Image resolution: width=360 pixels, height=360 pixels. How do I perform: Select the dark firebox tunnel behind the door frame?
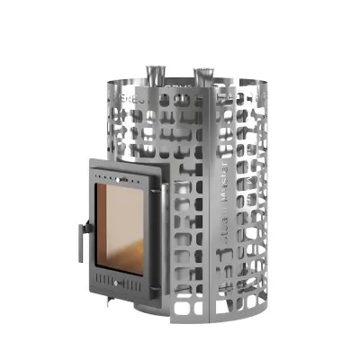(169, 225)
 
